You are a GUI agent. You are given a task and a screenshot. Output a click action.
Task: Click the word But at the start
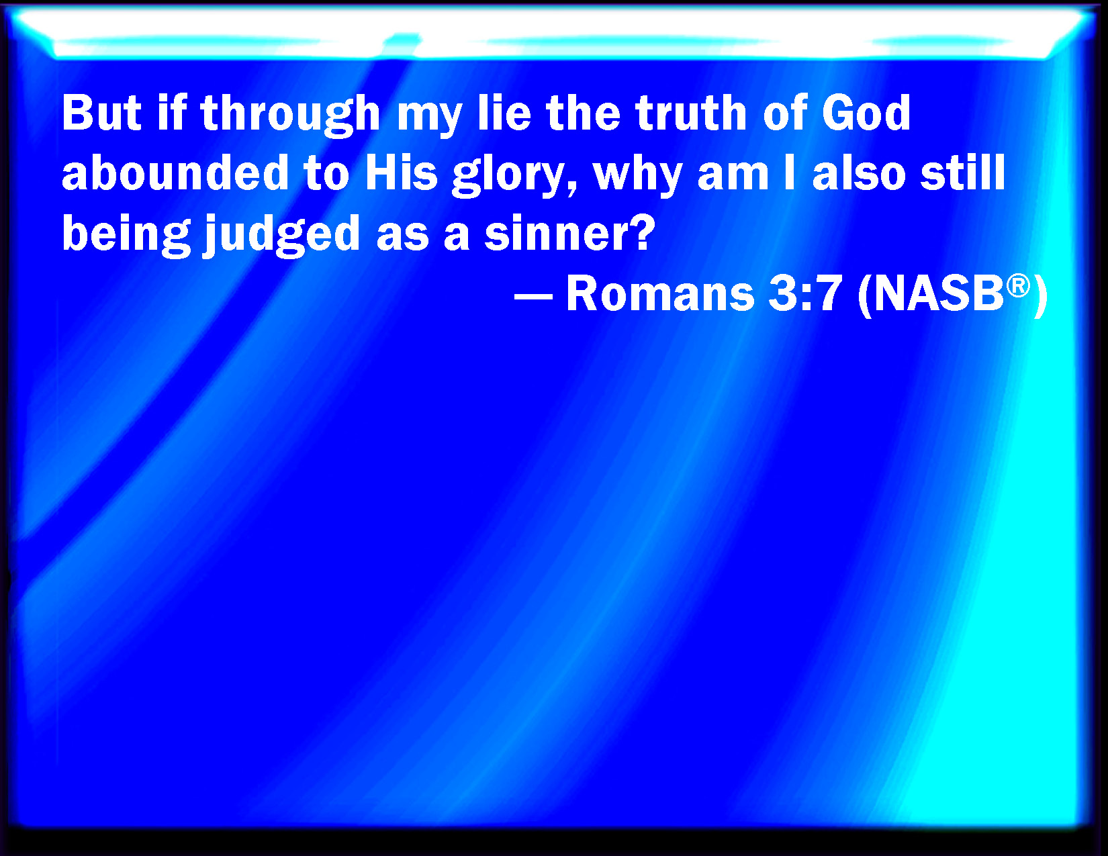point(101,113)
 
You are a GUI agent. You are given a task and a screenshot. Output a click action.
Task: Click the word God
point(867,113)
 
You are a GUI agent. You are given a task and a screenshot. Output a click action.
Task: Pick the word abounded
point(175,173)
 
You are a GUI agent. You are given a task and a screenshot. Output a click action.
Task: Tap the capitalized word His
point(402,173)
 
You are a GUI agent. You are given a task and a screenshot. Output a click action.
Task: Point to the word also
point(859,173)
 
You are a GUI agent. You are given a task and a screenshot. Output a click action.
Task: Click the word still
point(963,173)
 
